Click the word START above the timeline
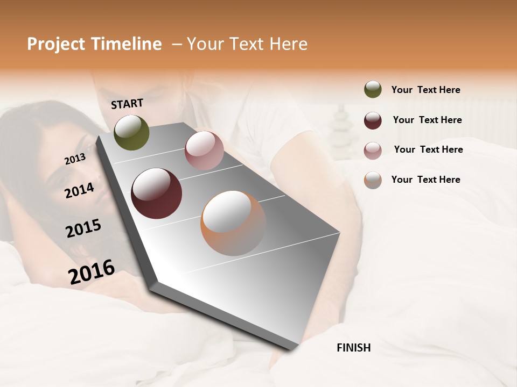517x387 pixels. (127, 104)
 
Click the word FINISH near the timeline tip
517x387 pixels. (353, 348)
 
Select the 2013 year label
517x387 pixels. (75, 159)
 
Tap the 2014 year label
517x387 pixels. (79, 190)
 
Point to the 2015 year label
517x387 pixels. (83, 228)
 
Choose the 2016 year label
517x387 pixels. (92, 271)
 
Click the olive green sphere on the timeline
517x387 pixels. (131, 132)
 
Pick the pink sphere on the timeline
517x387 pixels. (204, 150)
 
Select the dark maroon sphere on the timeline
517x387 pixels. (156, 193)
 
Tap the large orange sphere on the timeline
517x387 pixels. (233, 223)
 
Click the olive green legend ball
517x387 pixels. (373, 89)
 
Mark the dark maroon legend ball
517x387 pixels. (373, 120)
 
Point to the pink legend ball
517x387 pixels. (373, 150)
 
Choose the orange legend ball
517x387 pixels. (373, 180)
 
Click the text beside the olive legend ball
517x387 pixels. (425, 90)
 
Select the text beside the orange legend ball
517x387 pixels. (425, 180)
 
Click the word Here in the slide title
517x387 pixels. (288, 44)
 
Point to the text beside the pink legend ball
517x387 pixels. (428, 149)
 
